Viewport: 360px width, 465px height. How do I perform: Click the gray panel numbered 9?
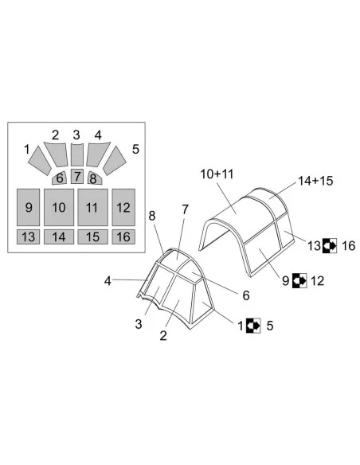click(x=28, y=207)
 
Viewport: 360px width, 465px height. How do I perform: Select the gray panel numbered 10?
click(x=59, y=207)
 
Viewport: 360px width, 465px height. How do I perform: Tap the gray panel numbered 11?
click(x=92, y=207)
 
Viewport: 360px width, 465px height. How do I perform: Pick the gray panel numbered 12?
click(x=123, y=207)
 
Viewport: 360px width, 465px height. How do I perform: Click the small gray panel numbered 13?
click(x=28, y=236)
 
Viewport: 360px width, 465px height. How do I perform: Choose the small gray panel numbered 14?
click(x=59, y=236)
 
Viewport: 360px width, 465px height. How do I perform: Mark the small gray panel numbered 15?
click(x=92, y=236)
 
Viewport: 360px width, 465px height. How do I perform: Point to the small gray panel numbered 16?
click(x=123, y=236)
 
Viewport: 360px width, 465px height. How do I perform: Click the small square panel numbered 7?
click(x=77, y=176)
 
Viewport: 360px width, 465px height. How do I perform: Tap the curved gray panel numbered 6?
click(x=60, y=178)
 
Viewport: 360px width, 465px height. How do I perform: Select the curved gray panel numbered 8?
click(x=94, y=178)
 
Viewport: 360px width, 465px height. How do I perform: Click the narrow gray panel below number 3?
click(x=77, y=154)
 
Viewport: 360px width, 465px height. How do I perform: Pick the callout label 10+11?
click(x=217, y=174)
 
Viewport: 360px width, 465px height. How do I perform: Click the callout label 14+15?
click(x=315, y=181)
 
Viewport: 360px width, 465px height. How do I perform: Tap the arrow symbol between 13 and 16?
click(x=330, y=245)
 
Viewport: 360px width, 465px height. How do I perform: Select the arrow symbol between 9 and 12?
click(x=299, y=280)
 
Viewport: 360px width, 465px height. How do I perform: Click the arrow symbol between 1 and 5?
click(x=253, y=326)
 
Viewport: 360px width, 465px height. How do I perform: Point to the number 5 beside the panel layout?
click(x=135, y=149)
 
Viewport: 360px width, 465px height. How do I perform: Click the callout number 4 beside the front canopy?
click(x=108, y=280)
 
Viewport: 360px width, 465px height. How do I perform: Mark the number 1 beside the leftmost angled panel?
click(x=27, y=150)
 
